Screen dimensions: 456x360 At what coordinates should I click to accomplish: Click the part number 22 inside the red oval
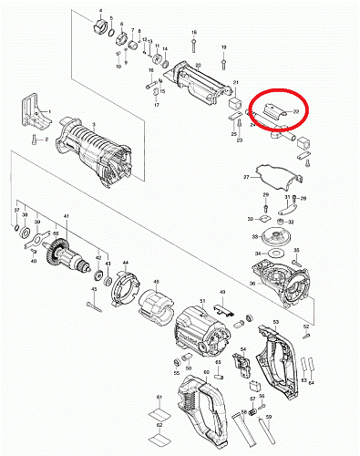[x=296, y=110]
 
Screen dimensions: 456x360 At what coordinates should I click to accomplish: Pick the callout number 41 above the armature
[x=66, y=217]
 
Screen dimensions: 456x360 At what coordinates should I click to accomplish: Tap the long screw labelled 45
[x=95, y=306]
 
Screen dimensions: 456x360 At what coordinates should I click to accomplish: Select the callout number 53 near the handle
[x=275, y=323]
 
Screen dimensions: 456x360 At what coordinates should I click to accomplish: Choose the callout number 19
[x=223, y=47]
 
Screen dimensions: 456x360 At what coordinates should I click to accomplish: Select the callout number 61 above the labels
[x=158, y=399]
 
